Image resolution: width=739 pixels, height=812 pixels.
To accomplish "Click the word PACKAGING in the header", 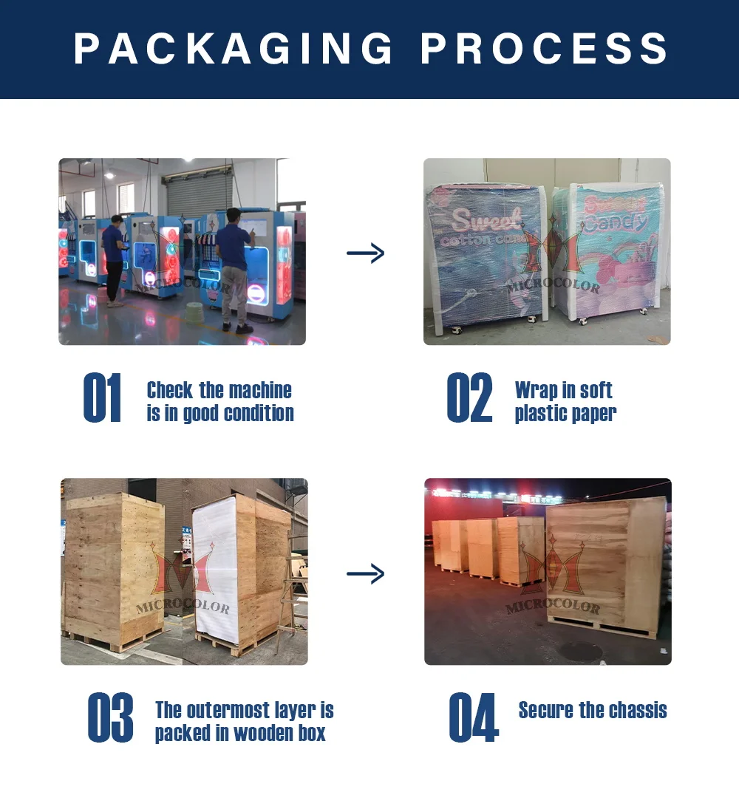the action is tap(234, 49).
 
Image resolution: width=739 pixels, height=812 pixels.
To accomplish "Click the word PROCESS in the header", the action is tap(545, 49).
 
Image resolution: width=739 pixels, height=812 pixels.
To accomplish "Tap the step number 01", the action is tap(103, 399).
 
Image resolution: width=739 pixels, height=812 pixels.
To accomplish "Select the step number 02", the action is tap(469, 399).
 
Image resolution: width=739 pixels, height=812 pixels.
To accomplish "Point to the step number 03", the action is tap(110, 717).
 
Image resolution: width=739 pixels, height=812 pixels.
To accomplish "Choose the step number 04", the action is tap(474, 717).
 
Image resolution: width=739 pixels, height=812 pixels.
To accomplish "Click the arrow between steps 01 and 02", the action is tap(366, 253).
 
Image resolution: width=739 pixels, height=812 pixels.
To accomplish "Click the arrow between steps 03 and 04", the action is tap(366, 573).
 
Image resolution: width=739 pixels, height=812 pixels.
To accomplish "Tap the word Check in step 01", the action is tap(169, 390).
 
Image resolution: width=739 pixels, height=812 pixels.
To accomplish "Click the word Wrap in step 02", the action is tap(536, 390).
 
